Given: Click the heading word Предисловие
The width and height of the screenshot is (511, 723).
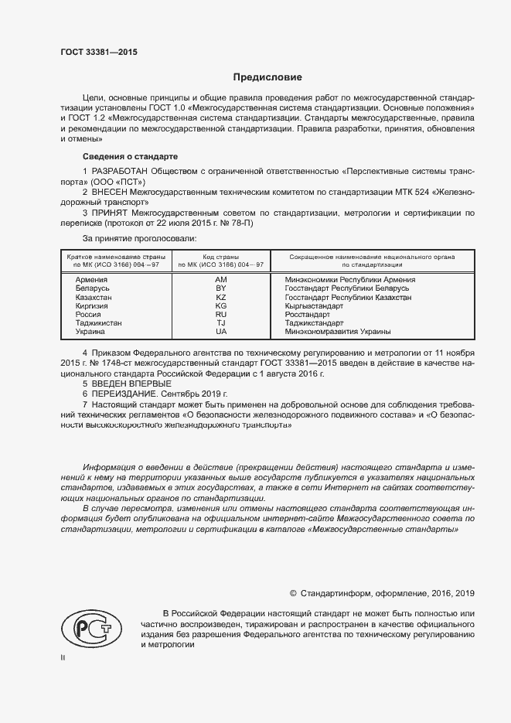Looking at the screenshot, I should click(268, 77).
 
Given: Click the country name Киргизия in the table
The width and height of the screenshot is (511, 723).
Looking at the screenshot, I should click(91, 305).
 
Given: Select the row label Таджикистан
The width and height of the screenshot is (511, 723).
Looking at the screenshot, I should click(98, 323).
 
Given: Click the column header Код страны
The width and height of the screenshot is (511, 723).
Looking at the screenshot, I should click(220, 257).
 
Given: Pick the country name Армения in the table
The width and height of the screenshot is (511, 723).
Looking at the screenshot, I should click(91, 280).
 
